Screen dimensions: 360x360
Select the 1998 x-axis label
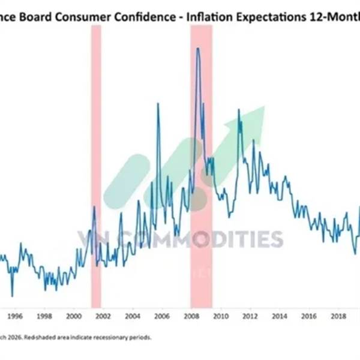tap(44, 316)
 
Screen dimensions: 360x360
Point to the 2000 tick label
tap(73, 316)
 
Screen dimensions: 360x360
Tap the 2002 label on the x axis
tap(103, 316)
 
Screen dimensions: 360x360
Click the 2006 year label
tap(161, 316)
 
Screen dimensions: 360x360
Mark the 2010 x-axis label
tap(220, 316)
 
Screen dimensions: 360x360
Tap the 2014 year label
tap(280, 316)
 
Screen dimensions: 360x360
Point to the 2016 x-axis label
tap(309, 316)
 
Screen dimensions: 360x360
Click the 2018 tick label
tap(338, 316)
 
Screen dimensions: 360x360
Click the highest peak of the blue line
tap(198, 48)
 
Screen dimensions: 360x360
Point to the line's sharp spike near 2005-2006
tap(158, 104)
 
